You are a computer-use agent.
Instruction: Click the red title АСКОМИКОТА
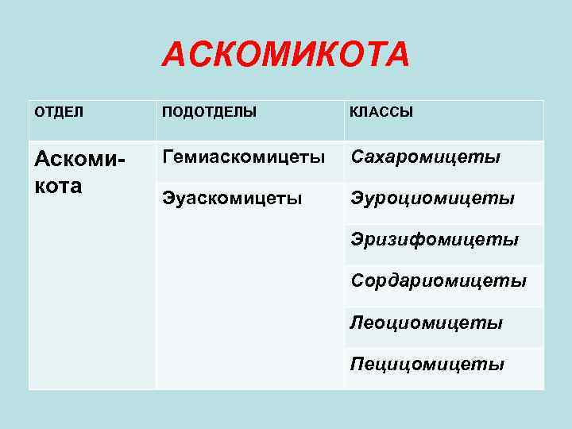285,55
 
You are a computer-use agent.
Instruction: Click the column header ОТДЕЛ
58,112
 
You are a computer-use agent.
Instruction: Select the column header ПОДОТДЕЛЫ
209,112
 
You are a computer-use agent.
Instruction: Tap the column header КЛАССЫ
381,112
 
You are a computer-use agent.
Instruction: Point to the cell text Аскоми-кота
79,173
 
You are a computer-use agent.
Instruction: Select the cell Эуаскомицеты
231,197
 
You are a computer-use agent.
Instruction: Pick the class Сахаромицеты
426,157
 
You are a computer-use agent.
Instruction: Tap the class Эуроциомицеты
432,197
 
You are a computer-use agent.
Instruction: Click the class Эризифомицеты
435,239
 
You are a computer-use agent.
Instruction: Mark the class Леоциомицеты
427,323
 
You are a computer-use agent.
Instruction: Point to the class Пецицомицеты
427,364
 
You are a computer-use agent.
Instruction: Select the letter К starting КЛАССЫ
354,112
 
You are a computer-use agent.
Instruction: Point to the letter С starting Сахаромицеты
357,157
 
